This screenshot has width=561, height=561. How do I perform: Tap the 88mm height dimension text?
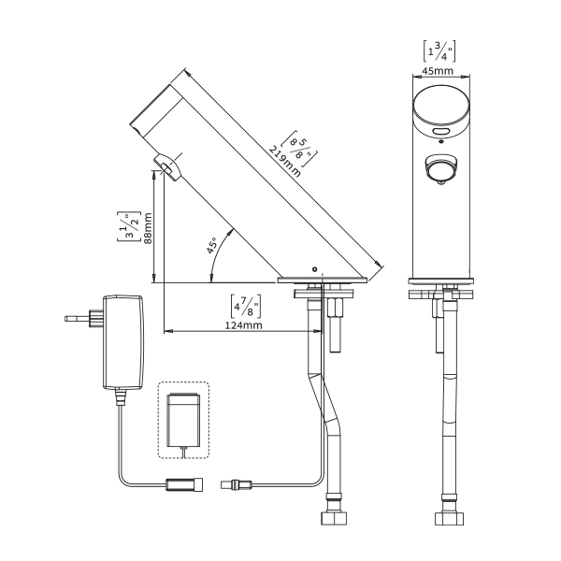[x=148, y=228]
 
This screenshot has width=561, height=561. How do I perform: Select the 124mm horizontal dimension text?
[x=243, y=325]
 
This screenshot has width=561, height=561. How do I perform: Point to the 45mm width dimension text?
[x=438, y=71]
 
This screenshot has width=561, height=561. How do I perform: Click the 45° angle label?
[x=212, y=245]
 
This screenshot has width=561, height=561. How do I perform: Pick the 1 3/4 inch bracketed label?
[x=439, y=51]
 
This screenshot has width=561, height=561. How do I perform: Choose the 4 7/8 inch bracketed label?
[x=245, y=307]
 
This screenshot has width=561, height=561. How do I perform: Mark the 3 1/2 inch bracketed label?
[x=128, y=226]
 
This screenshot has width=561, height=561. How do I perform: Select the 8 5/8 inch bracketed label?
[x=299, y=149]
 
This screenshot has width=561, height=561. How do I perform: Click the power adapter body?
[x=123, y=342]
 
